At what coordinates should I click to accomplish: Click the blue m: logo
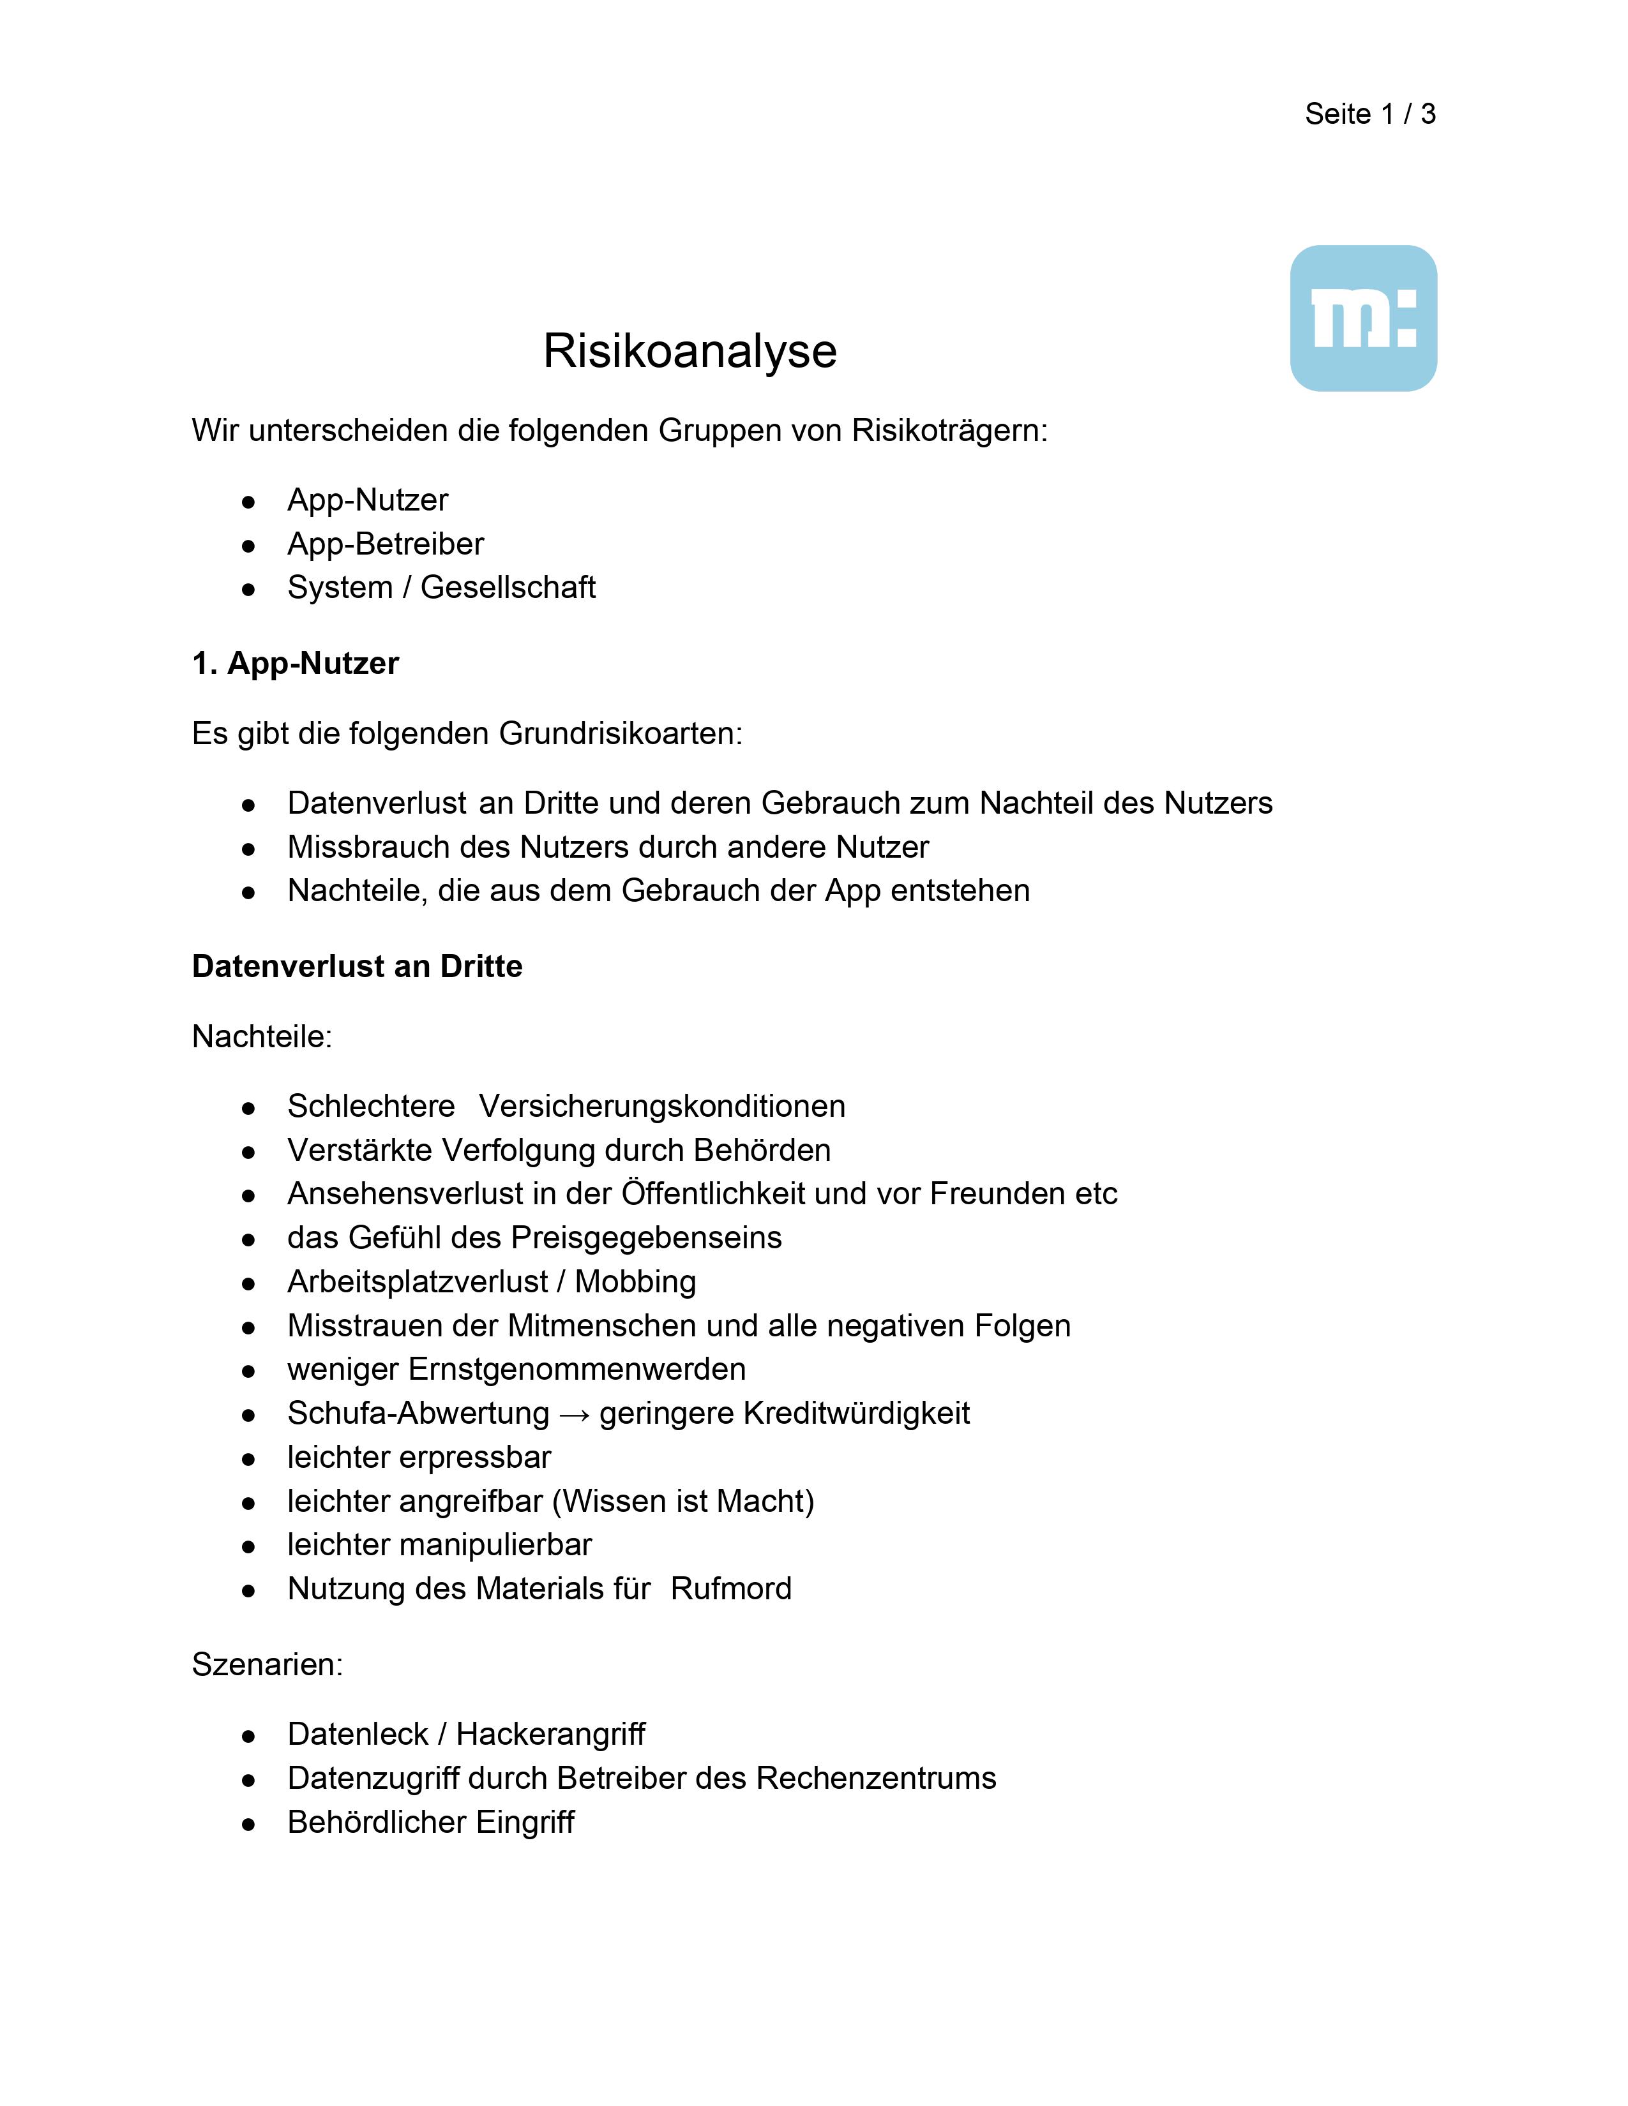[x=1363, y=318]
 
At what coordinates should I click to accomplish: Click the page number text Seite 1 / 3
[x=1369, y=114]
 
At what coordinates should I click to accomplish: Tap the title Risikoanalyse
[x=690, y=351]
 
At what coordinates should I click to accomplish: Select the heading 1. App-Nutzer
[x=295, y=664]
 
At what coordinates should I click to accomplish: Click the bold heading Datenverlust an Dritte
[x=357, y=966]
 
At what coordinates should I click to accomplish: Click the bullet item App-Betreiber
[x=385, y=544]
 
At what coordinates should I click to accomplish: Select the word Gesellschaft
[x=508, y=587]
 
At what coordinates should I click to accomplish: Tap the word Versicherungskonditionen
[x=661, y=1106]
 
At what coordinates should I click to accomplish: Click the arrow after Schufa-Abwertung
[x=574, y=1414]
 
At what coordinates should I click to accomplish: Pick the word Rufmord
[x=731, y=1588]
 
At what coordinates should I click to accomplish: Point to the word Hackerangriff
[x=551, y=1734]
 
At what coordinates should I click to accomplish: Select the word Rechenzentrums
[x=876, y=1778]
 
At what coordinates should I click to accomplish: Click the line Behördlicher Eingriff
[x=430, y=1823]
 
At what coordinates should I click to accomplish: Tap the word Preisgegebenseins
[x=646, y=1237]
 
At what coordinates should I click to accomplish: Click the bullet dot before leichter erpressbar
[x=249, y=1459]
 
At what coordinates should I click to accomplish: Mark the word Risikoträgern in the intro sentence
[x=949, y=430]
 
